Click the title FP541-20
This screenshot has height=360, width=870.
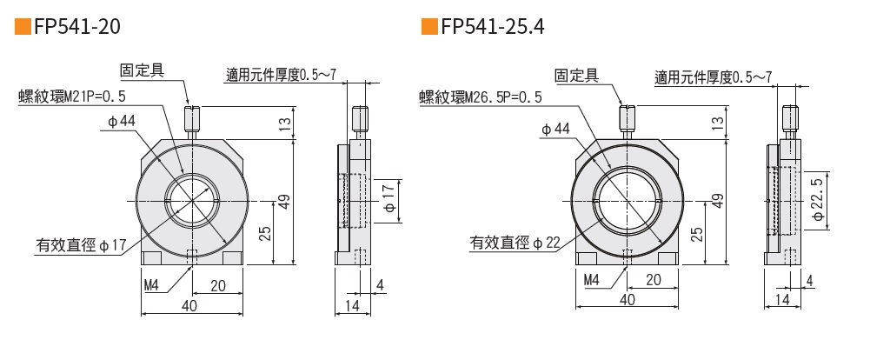point(76,27)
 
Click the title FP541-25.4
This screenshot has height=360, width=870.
point(493,27)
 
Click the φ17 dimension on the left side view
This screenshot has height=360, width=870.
point(388,200)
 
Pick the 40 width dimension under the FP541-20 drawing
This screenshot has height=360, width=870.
point(189,305)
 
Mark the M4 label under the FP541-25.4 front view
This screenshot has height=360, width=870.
point(592,280)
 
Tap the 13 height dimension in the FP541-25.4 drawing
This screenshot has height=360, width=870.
point(718,123)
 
